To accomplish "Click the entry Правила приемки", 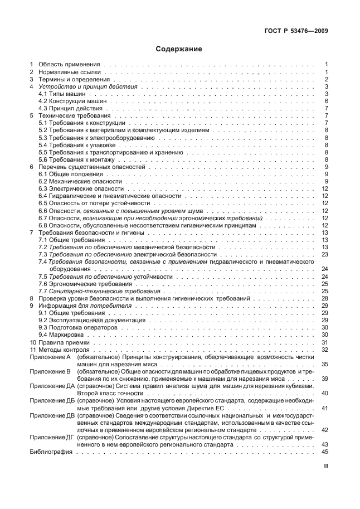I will click(64, 342).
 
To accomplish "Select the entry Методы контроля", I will click(65, 350).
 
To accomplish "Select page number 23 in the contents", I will click(325, 254).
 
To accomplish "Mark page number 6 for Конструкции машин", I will click(326, 101).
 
